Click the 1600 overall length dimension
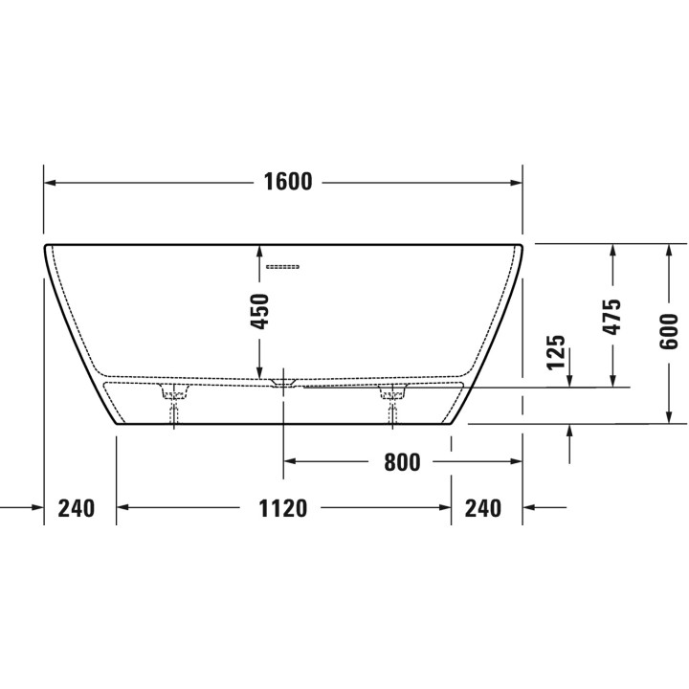click(x=288, y=182)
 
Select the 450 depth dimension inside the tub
click(x=259, y=312)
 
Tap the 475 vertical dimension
click(x=612, y=317)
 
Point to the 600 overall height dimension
click(x=669, y=332)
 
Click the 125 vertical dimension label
click(x=556, y=352)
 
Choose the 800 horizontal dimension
click(x=402, y=462)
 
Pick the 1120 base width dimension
click(x=282, y=508)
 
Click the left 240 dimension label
click(x=77, y=508)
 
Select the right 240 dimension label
click(x=483, y=508)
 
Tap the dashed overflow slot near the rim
click(x=283, y=267)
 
